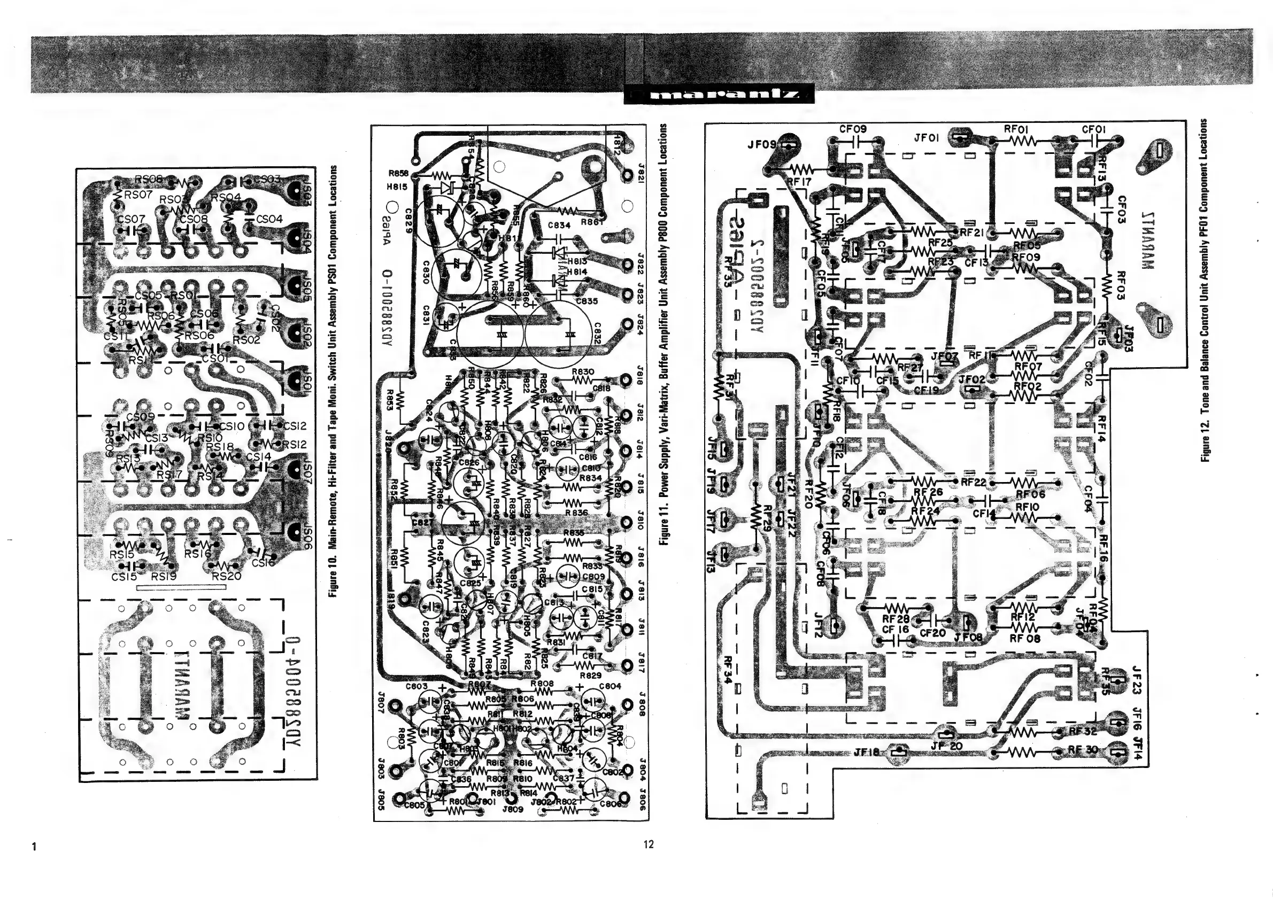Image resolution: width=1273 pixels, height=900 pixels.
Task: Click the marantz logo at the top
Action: [719, 95]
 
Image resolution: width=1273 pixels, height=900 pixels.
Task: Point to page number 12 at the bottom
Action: [649, 844]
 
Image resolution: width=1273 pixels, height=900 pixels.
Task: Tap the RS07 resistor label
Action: [138, 195]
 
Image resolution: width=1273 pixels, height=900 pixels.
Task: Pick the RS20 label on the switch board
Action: [226, 576]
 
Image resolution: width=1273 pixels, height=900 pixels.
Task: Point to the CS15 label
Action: [124, 577]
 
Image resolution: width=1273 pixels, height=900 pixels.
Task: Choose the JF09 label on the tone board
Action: [761, 144]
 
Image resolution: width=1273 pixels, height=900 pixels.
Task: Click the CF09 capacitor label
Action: [853, 129]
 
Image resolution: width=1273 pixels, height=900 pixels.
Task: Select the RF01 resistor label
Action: [1016, 129]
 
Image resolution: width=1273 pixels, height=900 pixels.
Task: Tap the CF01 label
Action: [1094, 129]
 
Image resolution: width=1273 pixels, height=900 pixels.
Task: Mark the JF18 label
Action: [866, 752]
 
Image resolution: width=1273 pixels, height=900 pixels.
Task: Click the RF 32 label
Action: [1083, 731]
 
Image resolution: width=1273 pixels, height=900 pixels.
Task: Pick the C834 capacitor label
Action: [559, 226]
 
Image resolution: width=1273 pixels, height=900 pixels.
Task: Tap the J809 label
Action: [513, 809]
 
